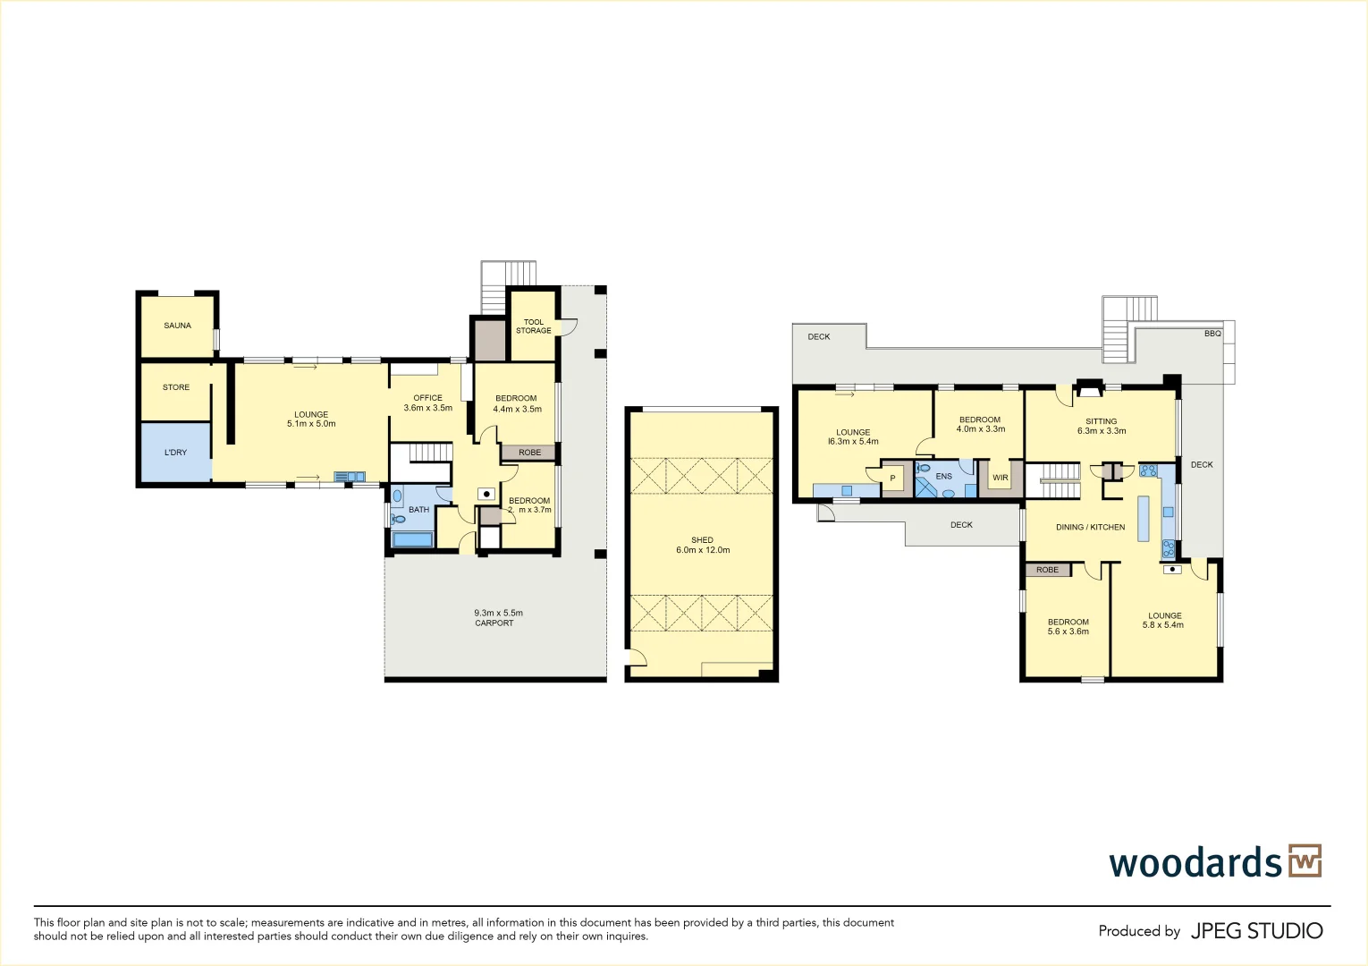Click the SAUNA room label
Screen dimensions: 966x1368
[x=177, y=326]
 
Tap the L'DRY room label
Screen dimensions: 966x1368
[x=175, y=453]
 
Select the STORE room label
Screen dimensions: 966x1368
[x=176, y=387]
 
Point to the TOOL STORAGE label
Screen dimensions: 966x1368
[x=534, y=326]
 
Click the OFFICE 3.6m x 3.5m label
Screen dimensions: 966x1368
[x=427, y=403]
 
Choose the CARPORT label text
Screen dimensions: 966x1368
[x=494, y=623]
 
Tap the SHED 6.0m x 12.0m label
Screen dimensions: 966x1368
[x=703, y=546]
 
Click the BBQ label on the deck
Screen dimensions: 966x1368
[x=1212, y=334]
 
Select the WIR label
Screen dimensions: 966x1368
[x=1000, y=478]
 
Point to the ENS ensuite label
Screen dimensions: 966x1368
[x=944, y=477]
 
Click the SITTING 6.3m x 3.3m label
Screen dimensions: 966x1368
[x=1102, y=426]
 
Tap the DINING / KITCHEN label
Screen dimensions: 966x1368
[x=1090, y=528]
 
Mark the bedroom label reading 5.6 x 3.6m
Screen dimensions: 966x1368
[x=1068, y=627]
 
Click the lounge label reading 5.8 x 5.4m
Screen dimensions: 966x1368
[x=1164, y=621]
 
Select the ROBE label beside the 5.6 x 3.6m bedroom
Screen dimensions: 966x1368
[x=1047, y=570]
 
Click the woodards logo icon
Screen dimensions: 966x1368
[x=1305, y=861]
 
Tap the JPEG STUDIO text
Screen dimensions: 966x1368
[x=1256, y=931]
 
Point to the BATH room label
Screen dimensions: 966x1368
[x=418, y=510]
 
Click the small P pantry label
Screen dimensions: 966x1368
[x=892, y=479]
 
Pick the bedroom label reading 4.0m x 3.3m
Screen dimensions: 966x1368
[x=980, y=424]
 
